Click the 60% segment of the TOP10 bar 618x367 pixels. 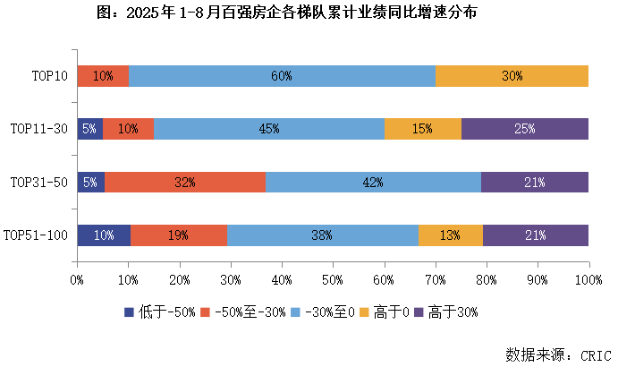click(282, 76)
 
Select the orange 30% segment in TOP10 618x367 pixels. click(512, 76)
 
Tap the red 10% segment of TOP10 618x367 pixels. click(103, 76)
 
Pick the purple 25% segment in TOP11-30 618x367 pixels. click(524, 129)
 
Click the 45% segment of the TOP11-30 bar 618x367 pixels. click(269, 129)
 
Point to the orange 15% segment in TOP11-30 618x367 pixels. click(422, 129)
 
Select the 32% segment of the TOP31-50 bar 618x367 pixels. click(185, 183)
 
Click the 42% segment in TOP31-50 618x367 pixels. click(373, 183)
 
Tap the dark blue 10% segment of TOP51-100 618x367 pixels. click(104, 235)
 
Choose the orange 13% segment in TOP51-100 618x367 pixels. click(450, 235)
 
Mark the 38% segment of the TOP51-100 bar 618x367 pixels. click(322, 235)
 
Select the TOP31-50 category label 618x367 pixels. click(39, 183)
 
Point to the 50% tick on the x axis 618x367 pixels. click(333, 280)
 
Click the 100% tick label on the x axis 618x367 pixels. click(588, 280)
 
